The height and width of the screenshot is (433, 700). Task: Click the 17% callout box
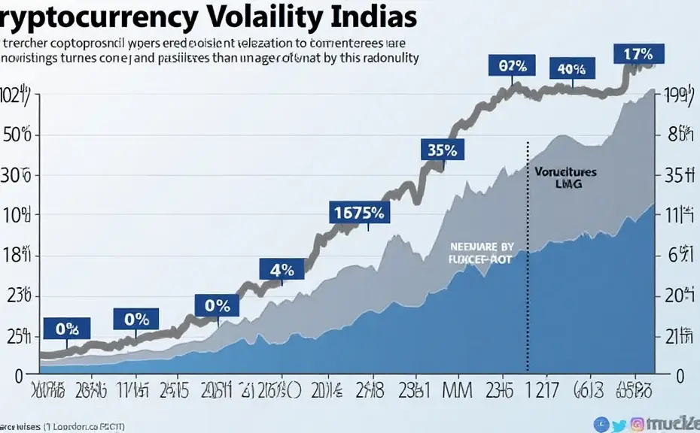point(639,54)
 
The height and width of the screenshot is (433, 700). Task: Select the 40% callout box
point(571,69)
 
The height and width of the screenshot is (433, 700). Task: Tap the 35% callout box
point(442,149)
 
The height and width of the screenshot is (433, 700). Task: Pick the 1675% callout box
point(359,212)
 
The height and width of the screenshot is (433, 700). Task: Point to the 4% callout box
point(281,269)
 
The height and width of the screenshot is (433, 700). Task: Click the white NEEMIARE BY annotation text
point(482,246)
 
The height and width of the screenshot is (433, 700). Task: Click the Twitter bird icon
point(620,424)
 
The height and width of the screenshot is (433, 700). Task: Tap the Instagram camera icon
point(637,424)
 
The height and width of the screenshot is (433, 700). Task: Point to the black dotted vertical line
point(528,256)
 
